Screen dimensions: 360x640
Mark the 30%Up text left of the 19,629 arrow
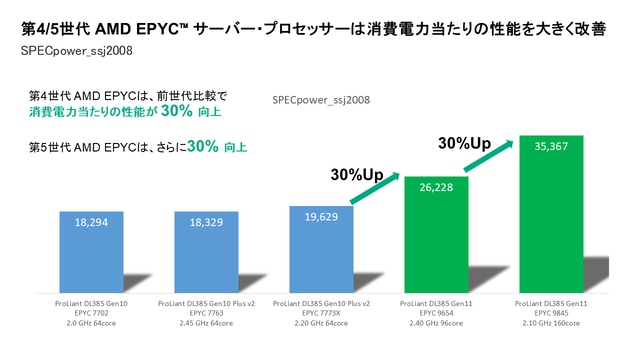click(356, 175)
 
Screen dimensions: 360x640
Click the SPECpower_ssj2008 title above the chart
click(321, 101)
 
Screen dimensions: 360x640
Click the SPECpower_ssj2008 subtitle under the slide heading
click(69, 49)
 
